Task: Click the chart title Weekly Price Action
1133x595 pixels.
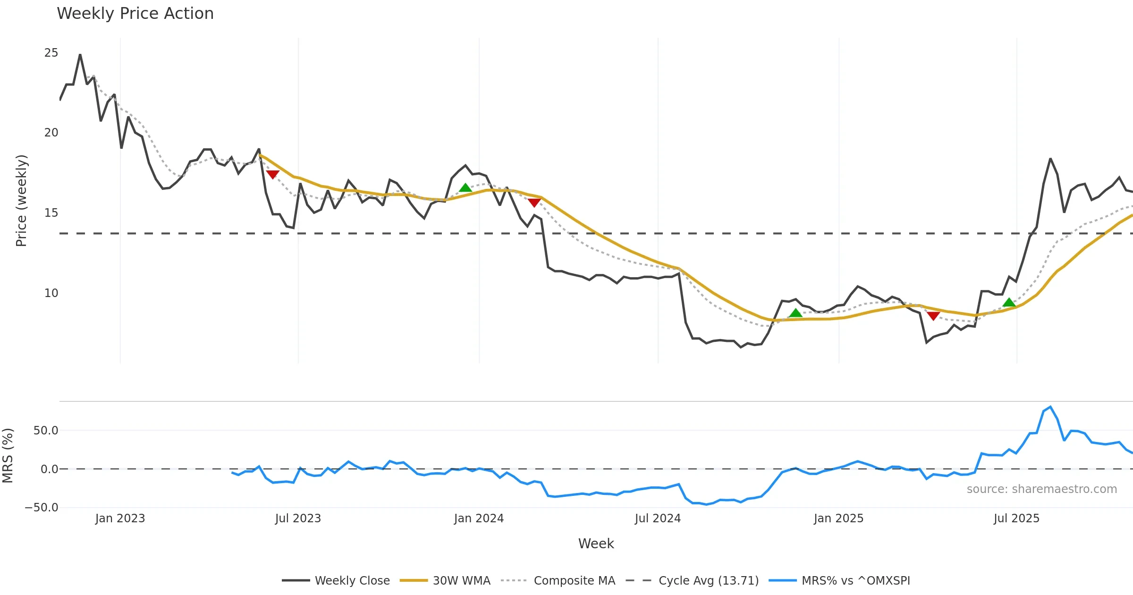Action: point(135,14)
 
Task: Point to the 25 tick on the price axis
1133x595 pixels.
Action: point(51,53)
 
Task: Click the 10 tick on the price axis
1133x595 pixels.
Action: point(51,293)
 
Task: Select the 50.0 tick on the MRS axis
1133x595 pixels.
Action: point(46,431)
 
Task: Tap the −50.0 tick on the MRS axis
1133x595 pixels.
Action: point(42,508)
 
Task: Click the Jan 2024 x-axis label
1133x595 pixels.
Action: point(479,518)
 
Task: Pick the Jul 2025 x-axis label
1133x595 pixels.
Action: point(1016,518)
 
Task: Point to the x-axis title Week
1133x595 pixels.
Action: point(596,544)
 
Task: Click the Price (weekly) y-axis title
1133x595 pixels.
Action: point(22,201)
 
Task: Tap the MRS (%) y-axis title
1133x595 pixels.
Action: point(8,456)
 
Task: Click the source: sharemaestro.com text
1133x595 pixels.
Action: point(1041,489)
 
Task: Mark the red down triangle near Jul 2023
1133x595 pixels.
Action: point(272,174)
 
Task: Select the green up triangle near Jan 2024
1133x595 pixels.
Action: point(465,188)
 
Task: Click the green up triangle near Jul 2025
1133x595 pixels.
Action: point(1009,302)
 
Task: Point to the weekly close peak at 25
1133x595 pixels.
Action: point(80,55)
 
